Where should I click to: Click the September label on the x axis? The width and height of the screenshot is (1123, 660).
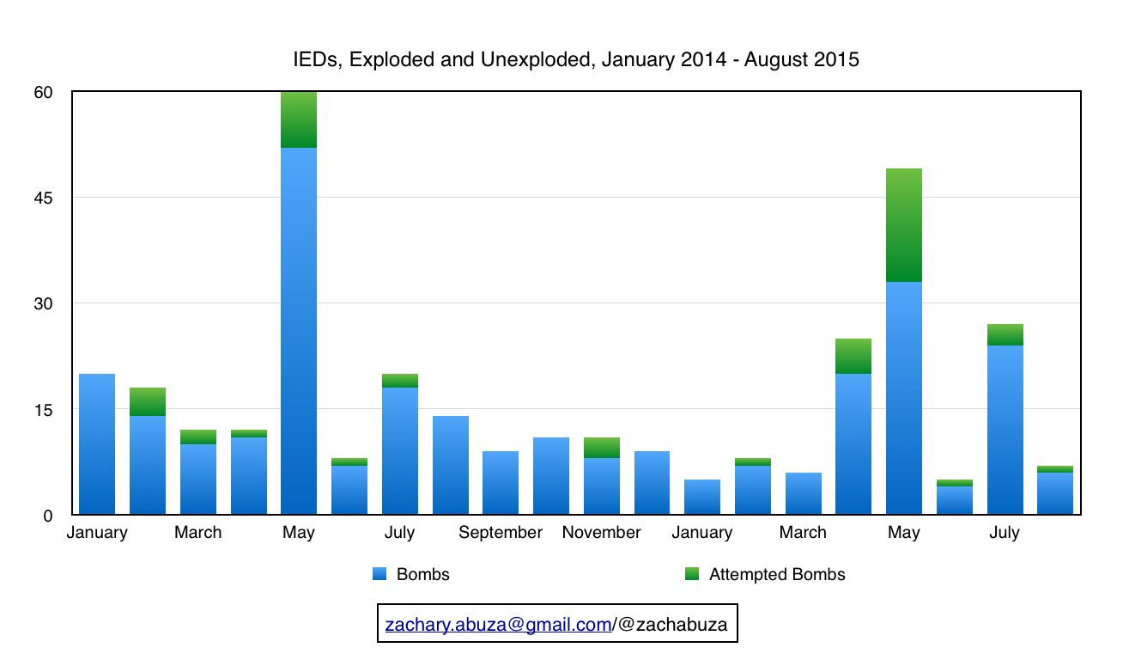[501, 533]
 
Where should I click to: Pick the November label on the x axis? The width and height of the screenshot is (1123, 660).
[601, 533]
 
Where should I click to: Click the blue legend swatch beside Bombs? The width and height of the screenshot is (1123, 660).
[379, 574]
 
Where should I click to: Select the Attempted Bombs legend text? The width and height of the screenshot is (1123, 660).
[777, 575]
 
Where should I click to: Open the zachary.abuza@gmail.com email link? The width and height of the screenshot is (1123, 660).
[498, 625]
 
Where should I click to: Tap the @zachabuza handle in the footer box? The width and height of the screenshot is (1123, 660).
[671, 625]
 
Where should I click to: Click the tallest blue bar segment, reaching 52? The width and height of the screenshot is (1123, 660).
[299, 331]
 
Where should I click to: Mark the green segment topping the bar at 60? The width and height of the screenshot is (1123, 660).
[299, 119]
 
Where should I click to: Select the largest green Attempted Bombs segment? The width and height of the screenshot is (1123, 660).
[904, 225]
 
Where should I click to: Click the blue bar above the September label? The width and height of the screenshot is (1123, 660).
[501, 483]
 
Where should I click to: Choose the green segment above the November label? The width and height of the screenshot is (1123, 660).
[601, 448]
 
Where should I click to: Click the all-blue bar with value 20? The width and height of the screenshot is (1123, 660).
[97, 444]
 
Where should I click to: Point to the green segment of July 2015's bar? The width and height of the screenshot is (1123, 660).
[1005, 335]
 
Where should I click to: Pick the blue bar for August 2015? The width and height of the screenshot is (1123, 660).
[1055, 493]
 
